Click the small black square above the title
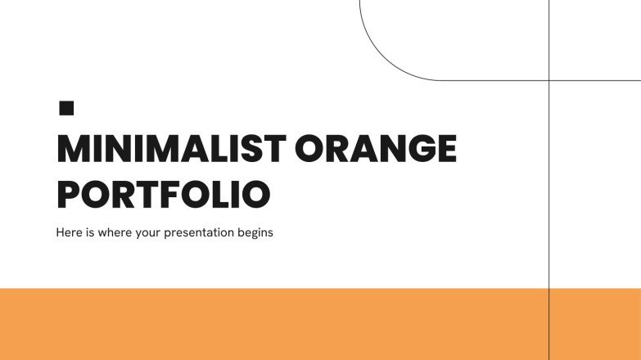click(67, 107)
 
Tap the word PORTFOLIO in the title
click(163, 195)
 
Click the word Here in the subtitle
click(69, 232)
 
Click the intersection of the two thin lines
click(548, 80)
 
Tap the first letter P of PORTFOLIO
click(69, 195)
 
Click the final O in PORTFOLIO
click(255, 195)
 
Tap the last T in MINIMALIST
click(277, 150)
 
